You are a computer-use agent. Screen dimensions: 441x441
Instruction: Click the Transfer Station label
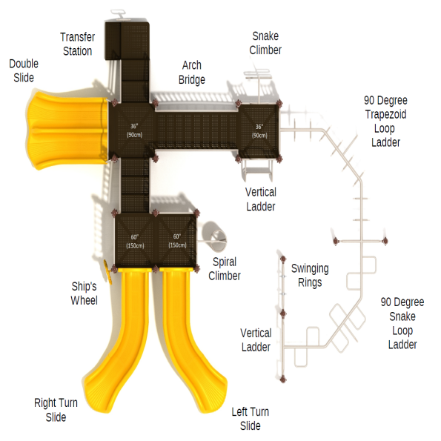(x=77, y=44)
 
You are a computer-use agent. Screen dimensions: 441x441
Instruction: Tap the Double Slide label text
(x=24, y=70)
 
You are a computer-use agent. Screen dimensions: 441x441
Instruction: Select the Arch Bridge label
(x=192, y=73)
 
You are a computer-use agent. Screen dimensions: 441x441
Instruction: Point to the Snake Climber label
(x=265, y=43)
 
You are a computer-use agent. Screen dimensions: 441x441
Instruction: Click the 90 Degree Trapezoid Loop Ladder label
(x=385, y=121)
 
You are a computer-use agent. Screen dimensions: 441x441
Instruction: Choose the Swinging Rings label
(x=310, y=275)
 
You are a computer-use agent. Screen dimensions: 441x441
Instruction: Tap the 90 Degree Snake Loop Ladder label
(x=402, y=323)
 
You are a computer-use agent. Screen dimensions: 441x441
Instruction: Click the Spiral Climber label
(x=225, y=269)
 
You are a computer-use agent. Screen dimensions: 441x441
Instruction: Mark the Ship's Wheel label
(x=84, y=294)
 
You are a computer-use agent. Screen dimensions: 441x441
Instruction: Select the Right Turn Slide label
(x=56, y=410)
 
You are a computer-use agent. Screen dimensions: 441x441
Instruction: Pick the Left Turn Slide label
(x=250, y=419)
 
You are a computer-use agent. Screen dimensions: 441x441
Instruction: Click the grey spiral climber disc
(x=213, y=235)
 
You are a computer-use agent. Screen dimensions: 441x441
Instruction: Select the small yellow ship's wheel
(x=109, y=270)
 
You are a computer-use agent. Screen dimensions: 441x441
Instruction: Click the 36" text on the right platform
(x=259, y=127)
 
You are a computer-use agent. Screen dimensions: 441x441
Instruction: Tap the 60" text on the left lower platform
(x=135, y=236)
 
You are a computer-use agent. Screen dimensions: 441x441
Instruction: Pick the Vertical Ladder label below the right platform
(x=261, y=199)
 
